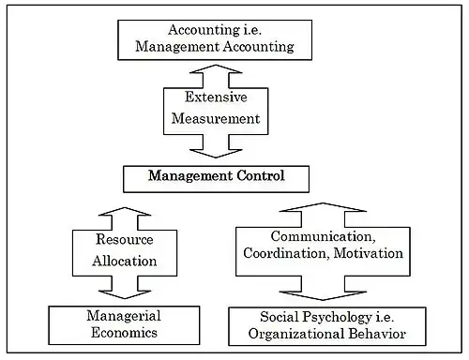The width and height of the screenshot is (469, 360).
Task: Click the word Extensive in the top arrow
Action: (x=216, y=97)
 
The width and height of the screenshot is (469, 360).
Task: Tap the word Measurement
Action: (x=216, y=119)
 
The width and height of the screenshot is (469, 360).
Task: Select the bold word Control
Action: (x=261, y=175)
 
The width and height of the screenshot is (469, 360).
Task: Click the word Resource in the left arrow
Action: (x=125, y=239)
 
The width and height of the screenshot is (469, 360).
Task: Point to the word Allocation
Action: (x=125, y=261)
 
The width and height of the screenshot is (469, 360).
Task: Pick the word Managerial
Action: (x=124, y=316)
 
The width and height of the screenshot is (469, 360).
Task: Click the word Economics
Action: (x=124, y=332)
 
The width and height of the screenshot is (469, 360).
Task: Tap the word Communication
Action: (x=323, y=236)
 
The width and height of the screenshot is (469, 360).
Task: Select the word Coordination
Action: (x=286, y=253)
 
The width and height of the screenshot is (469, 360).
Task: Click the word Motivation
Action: (x=369, y=253)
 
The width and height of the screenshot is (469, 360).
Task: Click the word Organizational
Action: (x=296, y=334)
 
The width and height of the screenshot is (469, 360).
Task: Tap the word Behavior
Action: (x=377, y=334)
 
